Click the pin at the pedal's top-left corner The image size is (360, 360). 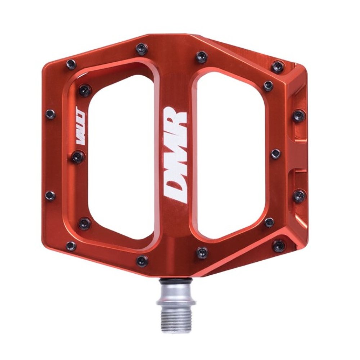(x=71, y=64)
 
